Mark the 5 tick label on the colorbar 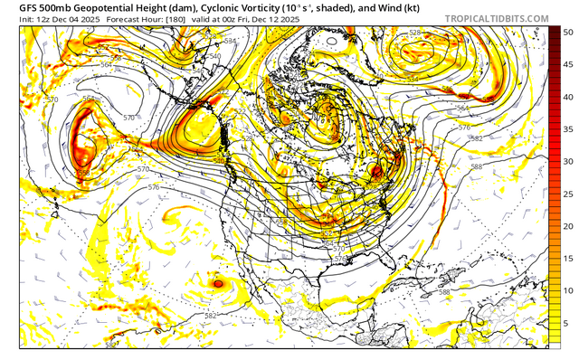point(565,321)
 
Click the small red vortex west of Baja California point(218,283)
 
